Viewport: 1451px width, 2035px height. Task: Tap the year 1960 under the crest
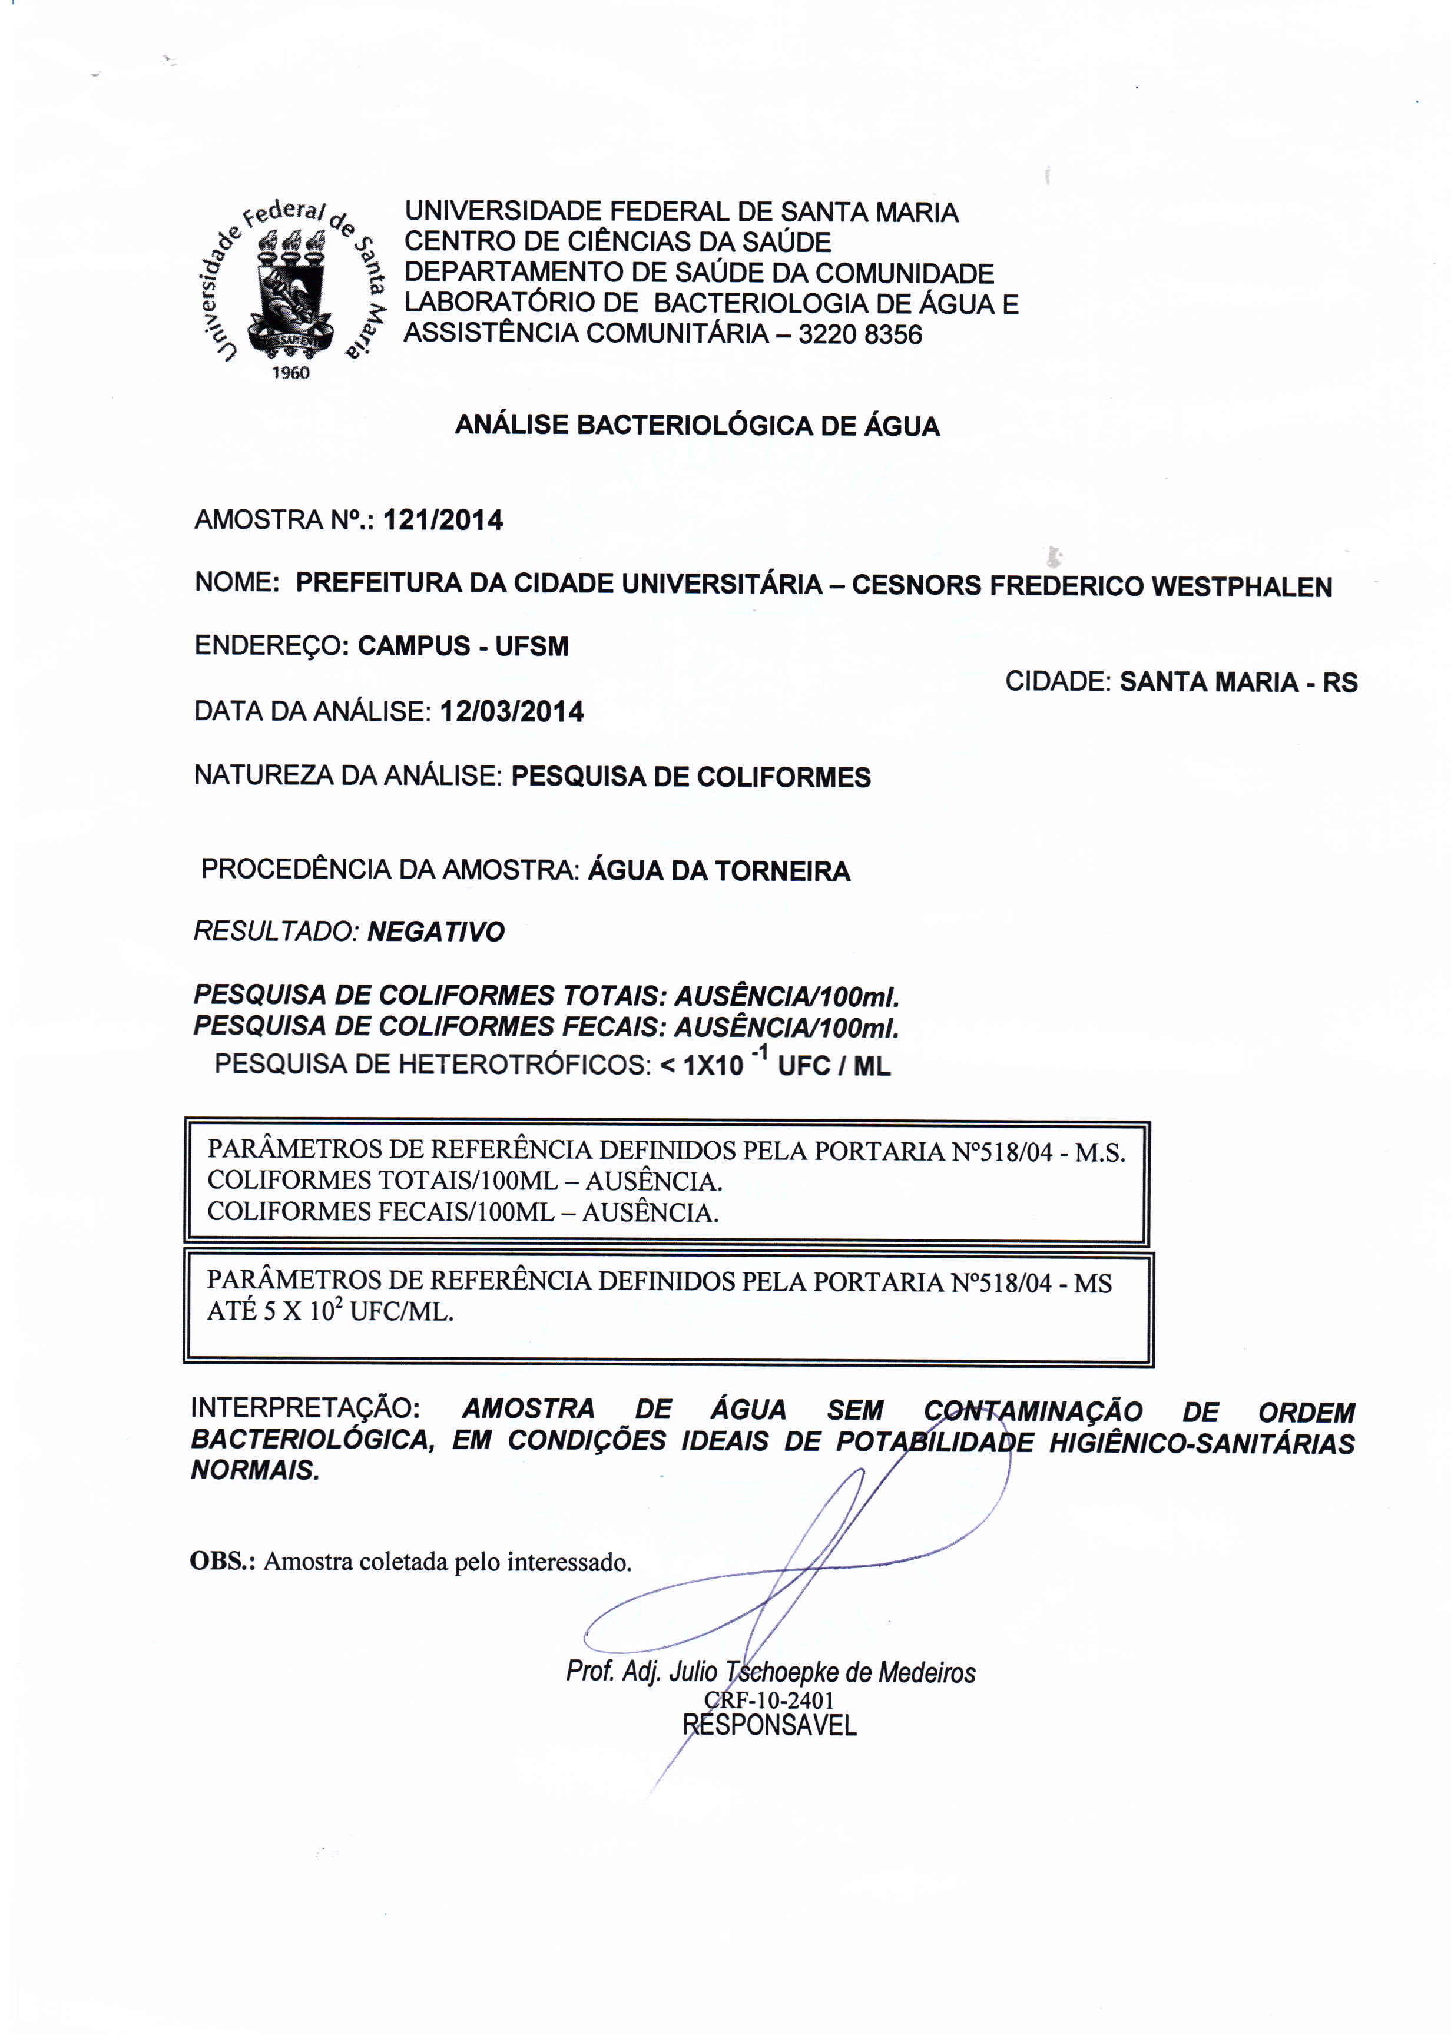pos(290,373)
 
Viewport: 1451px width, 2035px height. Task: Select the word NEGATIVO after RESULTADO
pos(436,933)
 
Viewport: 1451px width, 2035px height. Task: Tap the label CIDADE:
pos(1058,682)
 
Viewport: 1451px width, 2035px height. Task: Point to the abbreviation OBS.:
pos(223,1560)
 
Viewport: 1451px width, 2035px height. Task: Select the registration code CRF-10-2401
pos(768,1699)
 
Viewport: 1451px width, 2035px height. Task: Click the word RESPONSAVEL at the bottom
pos(769,1725)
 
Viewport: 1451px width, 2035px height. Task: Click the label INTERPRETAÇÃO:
pos(304,1408)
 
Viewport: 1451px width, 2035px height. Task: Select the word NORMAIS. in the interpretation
pos(256,1470)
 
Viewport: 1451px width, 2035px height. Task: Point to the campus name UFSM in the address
pos(532,647)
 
